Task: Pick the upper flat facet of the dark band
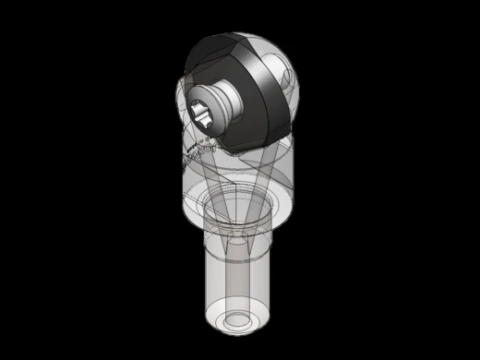coord(222,46)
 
